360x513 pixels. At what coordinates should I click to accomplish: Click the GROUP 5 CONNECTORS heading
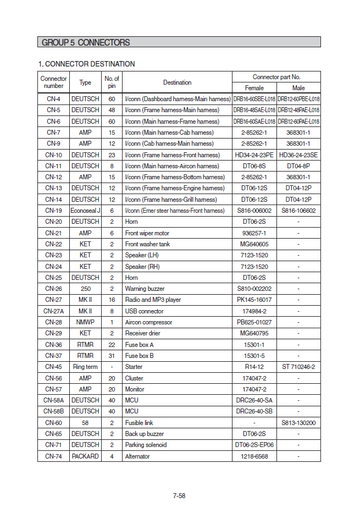pyautogui.click(x=86, y=42)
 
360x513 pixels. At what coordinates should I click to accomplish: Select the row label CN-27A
pyautogui.click(x=53, y=311)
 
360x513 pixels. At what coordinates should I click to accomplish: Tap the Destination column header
pyautogui.click(x=177, y=82)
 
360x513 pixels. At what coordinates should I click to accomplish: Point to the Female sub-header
pyautogui.click(x=254, y=88)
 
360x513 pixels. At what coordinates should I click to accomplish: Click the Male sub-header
pyautogui.click(x=298, y=88)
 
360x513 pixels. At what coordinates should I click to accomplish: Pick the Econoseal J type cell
pyautogui.click(x=85, y=211)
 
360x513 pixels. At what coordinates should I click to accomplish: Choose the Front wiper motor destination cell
pyautogui.click(x=147, y=233)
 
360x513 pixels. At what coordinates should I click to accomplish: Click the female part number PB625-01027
pyautogui.click(x=254, y=322)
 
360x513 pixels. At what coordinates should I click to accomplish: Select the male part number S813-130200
pyautogui.click(x=298, y=423)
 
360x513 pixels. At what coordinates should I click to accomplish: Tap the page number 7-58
pyautogui.click(x=179, y=495)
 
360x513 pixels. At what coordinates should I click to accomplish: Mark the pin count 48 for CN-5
pyautogui.click(x=112, y=110)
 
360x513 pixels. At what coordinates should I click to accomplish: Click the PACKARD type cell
pyautogui.click(x=85, y=456)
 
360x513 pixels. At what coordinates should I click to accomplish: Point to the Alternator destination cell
pyautogui.click(x=137, y=456)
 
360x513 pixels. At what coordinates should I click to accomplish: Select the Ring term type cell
pyautogui.click(x=85, y=367)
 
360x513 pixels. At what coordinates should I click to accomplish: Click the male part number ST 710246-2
pyautogui.click(x=298, y=367)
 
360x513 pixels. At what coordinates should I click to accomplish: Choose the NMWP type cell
pyautogui.click(x=85, y=322)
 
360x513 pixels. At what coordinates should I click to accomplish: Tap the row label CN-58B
pyautogui.click(x=53, y=411)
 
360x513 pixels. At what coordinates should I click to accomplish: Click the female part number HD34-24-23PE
pyautogui.click(x=254, y=155)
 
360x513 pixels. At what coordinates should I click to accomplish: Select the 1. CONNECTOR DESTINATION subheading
pyautogui.click(x=86, y=64)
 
